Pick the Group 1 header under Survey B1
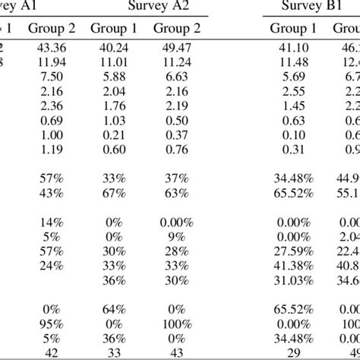[x=292, y=28]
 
